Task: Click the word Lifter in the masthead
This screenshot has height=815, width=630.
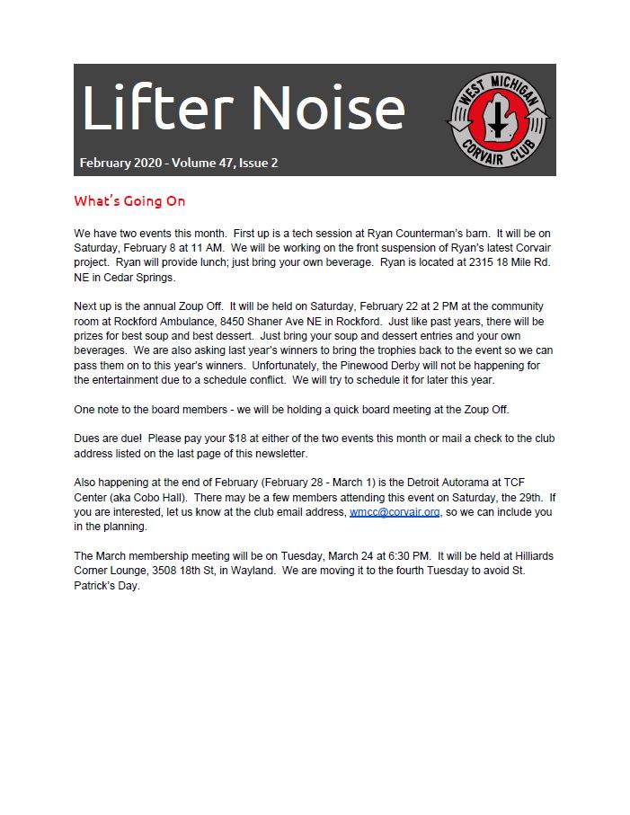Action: tap(155, 111)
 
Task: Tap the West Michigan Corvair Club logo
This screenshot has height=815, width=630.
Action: tap(500, 120)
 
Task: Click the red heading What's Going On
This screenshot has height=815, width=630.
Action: tap(129, 201)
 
